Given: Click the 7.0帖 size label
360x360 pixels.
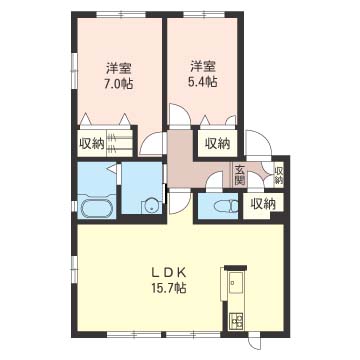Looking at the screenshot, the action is pos(119,83).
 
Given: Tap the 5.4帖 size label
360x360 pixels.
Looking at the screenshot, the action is pos(204,82).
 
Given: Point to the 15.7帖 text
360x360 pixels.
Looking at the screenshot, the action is pos(169,288).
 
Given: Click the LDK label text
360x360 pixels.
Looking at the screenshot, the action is pos(169,273).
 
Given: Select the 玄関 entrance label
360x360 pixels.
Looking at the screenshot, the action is pos(240,175).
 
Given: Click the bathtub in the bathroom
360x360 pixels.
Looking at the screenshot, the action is pos(96,208).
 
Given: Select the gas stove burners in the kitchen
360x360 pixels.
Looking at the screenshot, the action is pos(235,320).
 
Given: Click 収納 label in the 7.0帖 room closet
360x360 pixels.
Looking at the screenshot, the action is pos(92,144).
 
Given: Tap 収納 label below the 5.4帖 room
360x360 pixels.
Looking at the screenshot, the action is pos(217,143).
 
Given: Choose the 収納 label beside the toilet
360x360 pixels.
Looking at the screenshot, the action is pos(263,203).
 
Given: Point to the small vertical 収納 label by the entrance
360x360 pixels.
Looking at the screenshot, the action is pos(279,175).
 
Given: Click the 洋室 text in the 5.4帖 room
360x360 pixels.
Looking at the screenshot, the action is pos(203,66).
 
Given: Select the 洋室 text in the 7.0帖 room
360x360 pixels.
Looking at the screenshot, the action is pos(118,68).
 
